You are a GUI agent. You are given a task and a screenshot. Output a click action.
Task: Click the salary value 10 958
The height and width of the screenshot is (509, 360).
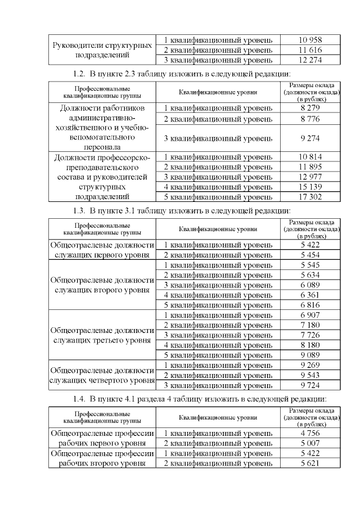click(x=310, y=40)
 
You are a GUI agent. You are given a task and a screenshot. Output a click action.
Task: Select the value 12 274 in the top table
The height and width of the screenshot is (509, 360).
click(x=310, y=60)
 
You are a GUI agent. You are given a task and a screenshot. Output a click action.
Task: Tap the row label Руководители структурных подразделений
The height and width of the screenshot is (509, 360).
click(x=102, y=50)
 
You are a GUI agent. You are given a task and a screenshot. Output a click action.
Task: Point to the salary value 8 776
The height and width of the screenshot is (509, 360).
click(x=310, y=119)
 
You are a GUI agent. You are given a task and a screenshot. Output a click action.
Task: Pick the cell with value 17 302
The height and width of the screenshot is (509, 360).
click(x=310, y=197)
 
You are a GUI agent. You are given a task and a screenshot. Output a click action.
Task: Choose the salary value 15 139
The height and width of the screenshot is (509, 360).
click(x=310, y=187)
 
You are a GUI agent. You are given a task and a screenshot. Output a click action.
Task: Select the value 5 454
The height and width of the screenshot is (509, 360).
click(x=310, y=255)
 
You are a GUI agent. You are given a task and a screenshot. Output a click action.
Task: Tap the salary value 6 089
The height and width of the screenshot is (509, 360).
click(x=310, y=285)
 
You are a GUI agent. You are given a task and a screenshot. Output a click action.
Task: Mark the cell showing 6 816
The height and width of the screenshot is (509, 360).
click(x=310, y=305)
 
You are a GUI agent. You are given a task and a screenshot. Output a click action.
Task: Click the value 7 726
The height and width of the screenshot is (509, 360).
click(x=310, y=335)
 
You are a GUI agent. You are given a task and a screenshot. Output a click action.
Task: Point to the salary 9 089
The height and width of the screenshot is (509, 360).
click(x=310, y=355)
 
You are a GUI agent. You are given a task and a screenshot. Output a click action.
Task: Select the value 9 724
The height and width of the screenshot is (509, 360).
click(x=310, y=385)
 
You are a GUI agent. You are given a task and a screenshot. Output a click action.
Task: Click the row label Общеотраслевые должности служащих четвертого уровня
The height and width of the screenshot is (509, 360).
click(x=102, y=375)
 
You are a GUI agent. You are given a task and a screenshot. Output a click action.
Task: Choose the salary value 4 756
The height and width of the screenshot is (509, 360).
click(x=310, y=433)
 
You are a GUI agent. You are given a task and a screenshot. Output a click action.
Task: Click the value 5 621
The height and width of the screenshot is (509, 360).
click(x=310, y=463)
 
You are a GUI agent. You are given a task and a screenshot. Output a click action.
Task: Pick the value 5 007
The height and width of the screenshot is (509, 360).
click(x=310, y=443)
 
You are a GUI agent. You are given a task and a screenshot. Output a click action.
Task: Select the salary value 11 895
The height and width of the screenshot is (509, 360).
click(x=310, y=166)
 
